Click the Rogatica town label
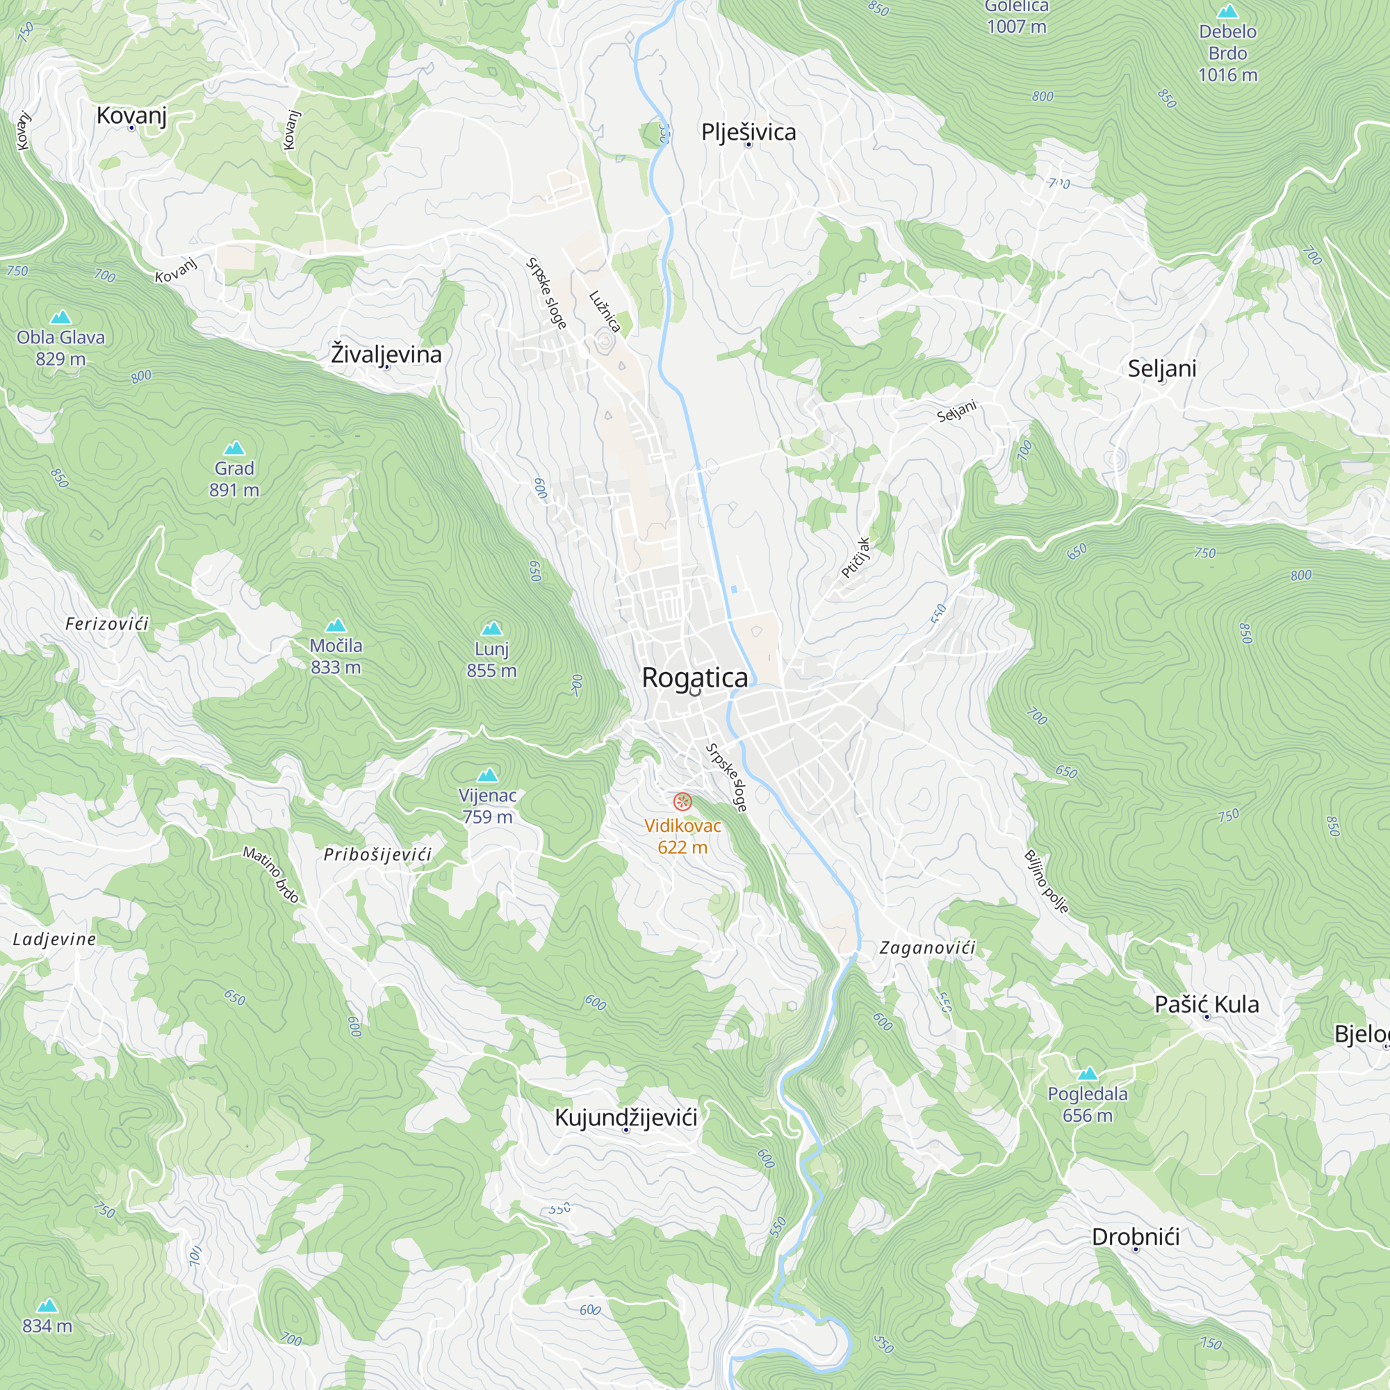pos(694,678)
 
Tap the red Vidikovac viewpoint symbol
pos(682,801)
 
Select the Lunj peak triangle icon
pos(491,629)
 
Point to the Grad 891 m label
pos(234,479)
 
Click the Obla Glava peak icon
pos(60,318)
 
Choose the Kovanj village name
pos(131,115)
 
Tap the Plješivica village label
pos(749,132)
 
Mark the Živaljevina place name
pos(386,354)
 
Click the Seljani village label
pos(1162,368)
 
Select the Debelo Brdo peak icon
pos(1227,12)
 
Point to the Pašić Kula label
pos(1207,1004)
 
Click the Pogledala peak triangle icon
pos(1088,1074)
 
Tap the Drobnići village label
pos(1136,1237)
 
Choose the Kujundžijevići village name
pos(626,1118)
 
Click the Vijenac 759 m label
pos(487,806)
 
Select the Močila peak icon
pos(335,625)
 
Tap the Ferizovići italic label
pos(106,624)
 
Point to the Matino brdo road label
pos(270,874)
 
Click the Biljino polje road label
pos(1046,881)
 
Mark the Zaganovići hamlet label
pos(926,947)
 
